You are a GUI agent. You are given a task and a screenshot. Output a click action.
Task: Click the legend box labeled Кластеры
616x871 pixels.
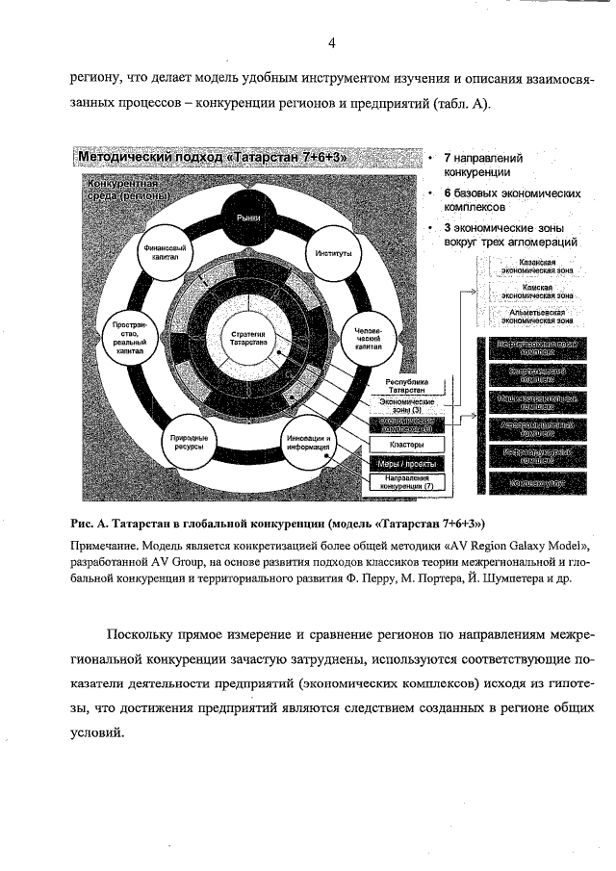point(407,445)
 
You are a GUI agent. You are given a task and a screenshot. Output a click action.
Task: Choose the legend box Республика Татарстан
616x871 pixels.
point(407,385)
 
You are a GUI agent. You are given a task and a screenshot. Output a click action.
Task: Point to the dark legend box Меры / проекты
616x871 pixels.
point(407,464)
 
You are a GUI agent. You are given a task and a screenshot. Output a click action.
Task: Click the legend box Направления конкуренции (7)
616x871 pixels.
point(407,483)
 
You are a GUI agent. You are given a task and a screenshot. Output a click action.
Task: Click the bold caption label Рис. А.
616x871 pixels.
point(92,525)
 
